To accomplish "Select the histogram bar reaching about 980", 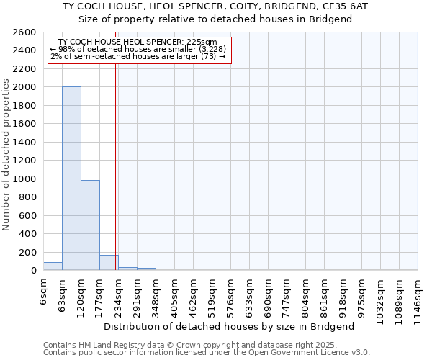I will click(90, 225).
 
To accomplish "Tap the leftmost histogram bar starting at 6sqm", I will click(53, 266).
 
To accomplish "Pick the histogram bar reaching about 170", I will click(109, 263).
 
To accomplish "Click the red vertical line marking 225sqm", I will click(116, 166).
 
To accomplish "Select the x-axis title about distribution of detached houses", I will click(234, 326).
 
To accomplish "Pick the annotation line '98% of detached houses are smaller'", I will click(139, 49).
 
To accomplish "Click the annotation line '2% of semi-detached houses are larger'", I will click(139, 56).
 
